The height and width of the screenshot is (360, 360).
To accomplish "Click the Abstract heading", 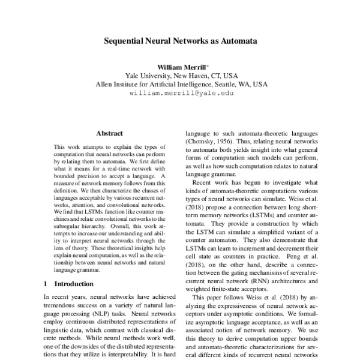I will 109,133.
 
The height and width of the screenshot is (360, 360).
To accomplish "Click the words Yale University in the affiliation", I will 148,76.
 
